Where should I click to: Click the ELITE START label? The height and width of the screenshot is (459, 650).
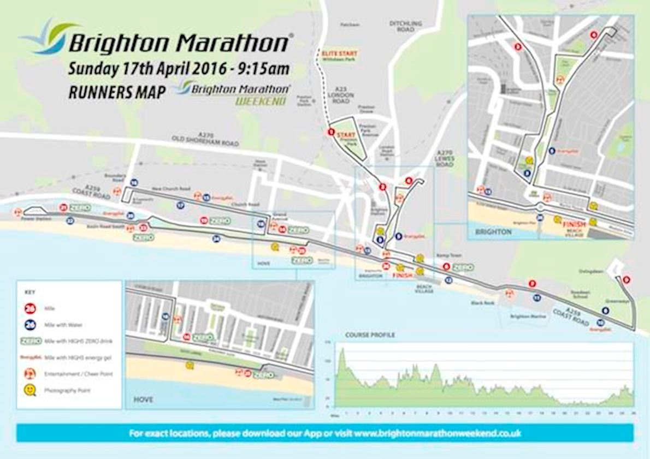(340, 53)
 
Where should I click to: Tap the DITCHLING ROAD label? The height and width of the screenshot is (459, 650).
(406, 26)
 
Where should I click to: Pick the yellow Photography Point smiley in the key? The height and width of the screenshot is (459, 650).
(31, 390)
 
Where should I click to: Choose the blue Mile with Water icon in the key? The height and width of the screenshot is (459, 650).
(31, 325)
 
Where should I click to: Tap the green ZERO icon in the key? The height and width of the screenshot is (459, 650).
(31, 341)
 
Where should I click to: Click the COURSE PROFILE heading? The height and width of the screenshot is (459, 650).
(370, 335)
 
